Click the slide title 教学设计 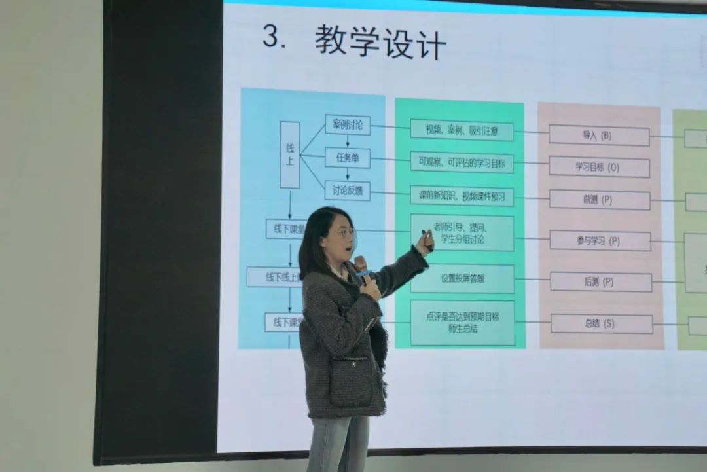[x=380, y=43]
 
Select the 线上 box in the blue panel [x=290, y=154]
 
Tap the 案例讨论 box [x=348, y=124]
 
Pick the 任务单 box [x=348, y=158]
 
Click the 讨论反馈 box [x=348, y=191]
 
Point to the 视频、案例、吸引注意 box [x=462, y=130]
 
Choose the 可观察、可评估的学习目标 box [x=462, y=163]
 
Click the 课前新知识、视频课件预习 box [x=462, y=196]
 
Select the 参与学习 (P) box [x=600, y=240]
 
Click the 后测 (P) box [x=600, y=281]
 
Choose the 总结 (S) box [x=602, y=323]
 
